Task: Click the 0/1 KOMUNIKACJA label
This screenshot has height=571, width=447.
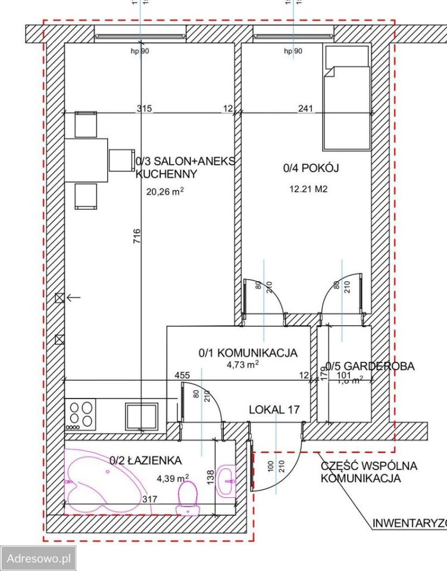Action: (x=248, y=353)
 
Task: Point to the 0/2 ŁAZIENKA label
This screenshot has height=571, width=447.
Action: (x=145, y=460)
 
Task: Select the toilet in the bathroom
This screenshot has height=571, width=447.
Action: (x=188, y=497)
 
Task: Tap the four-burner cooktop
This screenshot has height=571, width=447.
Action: (x=82, y=414)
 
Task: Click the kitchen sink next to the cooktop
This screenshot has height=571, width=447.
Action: (x=142, y=415)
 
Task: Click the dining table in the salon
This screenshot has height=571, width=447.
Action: (x=86, y=160)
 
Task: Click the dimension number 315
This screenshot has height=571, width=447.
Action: (x=144, y=109)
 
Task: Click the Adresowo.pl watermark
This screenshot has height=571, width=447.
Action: (x=38, y=559)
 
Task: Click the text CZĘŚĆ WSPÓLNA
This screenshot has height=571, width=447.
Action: (x=368, y=466)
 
